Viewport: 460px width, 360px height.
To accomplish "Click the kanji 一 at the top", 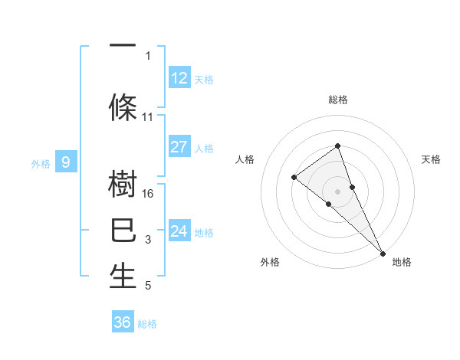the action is (123, 46).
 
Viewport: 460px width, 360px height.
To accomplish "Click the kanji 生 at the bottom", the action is (123, 277).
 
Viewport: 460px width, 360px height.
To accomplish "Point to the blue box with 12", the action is (179, 77).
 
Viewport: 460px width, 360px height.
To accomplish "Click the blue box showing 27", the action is (179, 147).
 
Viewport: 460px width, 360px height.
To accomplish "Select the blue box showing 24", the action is (179, 231).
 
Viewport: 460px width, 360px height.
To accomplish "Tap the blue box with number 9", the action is (67, 162).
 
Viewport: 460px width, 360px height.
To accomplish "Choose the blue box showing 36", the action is (123, 322).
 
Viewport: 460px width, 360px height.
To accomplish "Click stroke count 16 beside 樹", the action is (149, 193).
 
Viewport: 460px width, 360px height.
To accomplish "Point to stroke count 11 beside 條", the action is (148, 117).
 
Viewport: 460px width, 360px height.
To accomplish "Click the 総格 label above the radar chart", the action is (338, 100).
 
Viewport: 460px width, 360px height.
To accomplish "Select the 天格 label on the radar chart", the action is (431, 159).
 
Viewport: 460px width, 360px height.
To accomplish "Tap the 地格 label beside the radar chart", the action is (402, 262).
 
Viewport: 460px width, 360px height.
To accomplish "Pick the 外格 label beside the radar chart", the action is (270, 262).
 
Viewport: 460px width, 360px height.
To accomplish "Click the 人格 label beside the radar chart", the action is (245, 159).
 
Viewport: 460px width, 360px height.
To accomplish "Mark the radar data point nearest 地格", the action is (383, 252).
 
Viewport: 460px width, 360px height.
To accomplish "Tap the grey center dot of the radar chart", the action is (338, 191).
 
